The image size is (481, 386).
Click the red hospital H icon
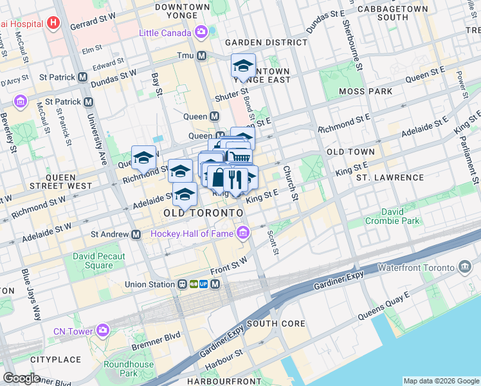[53, 24]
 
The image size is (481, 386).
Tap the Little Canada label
[166, 32]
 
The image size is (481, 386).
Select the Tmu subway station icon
[201, 55]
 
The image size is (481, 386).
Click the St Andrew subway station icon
[136, 234]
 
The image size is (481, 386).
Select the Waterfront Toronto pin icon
[465, 266]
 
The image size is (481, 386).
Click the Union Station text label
[148, 284]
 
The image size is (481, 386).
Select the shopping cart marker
[239, 156]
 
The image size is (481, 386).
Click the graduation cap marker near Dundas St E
[243, 66]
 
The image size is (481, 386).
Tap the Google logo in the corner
[21, 378]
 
